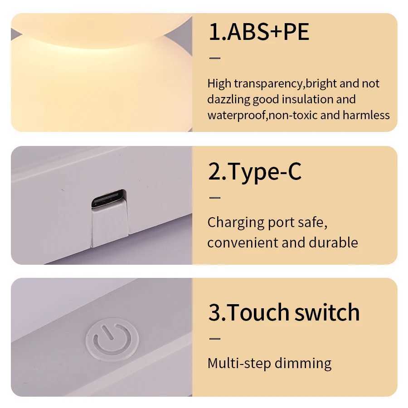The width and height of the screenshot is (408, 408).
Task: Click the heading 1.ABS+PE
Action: click(258, 33)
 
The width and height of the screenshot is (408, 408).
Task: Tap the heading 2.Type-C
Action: click(255, 172)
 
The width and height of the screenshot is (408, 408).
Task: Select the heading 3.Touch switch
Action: click(284, 312)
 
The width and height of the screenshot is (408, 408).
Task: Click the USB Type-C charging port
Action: click(108, 199)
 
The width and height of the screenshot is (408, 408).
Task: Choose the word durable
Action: click(333, 243)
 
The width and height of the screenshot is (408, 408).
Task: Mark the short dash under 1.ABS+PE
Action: click(214, 58)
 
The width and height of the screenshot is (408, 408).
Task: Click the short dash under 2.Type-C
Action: click(214, 197)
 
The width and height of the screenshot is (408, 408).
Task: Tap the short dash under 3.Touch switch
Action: click(214, 338)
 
